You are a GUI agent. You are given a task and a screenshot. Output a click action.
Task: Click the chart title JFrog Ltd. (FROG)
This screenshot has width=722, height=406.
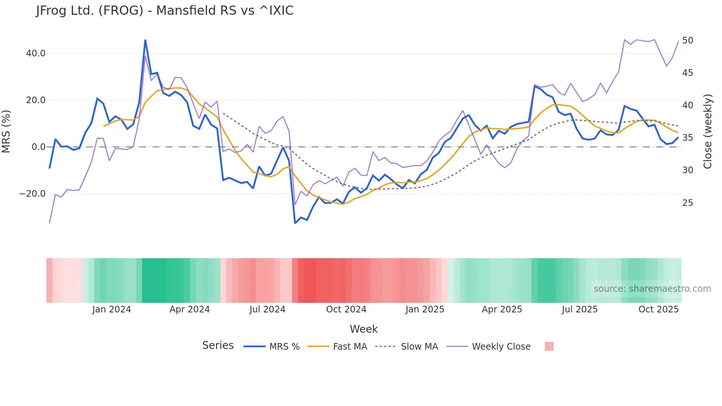(x=164, y=11)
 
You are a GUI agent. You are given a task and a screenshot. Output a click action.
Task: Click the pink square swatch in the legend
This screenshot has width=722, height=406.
(x=549, y=346)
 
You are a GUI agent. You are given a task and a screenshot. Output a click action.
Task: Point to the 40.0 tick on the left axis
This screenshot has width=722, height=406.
(x=36, y=53)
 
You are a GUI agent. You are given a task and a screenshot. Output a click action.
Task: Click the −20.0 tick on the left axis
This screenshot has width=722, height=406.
(x=32, y=194)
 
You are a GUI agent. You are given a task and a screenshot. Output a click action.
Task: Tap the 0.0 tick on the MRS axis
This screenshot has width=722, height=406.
(x=38, y=147)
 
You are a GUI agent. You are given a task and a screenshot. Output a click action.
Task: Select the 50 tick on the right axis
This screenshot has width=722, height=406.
(x=687, y=41)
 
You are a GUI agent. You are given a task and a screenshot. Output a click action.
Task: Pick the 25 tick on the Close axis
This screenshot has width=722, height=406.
(x=687, y=203)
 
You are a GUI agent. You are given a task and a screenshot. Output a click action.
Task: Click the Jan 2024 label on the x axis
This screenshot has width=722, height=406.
(x=112, y=309)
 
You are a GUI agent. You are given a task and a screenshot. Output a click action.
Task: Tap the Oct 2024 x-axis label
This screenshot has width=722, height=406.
(x=346, y=309)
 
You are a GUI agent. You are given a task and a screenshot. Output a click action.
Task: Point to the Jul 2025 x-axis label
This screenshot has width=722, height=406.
(x=579, y=309)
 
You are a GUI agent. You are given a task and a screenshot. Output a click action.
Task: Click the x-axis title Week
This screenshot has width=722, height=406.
(x=364, y=329)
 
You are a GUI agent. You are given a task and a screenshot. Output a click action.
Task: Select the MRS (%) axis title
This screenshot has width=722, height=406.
(x=6, y=131)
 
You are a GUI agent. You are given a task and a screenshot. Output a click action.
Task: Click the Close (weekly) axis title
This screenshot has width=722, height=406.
(x=707, y=131)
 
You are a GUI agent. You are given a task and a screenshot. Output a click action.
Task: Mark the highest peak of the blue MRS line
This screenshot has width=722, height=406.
(x=145, y=40)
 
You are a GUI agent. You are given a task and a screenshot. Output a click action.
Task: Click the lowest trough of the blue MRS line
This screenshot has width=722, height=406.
(x=295, y=223)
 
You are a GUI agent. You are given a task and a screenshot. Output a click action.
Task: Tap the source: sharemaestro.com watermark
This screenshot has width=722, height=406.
(x=652, y=289)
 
